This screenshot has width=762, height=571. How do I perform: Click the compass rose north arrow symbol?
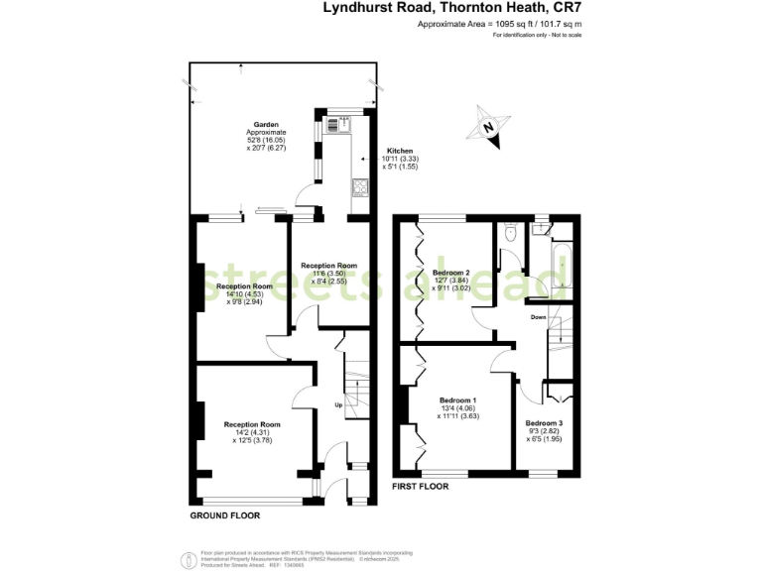coord(488,127)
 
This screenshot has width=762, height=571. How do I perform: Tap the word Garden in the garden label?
coord(266,125)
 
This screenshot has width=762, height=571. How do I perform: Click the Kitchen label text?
coord(400,151)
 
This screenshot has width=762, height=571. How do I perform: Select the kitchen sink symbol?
coord(345,124)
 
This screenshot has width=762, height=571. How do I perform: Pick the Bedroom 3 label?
coord(544,423)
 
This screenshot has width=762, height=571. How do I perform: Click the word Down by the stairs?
coord(537,317)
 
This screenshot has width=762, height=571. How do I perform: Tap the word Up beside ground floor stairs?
coord(338,404)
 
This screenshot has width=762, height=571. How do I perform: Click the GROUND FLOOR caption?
coord(225,516)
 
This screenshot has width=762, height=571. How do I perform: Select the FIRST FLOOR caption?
coord(421,487)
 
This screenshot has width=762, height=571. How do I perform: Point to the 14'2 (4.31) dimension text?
coord(248,432)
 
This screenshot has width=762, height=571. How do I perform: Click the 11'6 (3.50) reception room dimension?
coord(328,274)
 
